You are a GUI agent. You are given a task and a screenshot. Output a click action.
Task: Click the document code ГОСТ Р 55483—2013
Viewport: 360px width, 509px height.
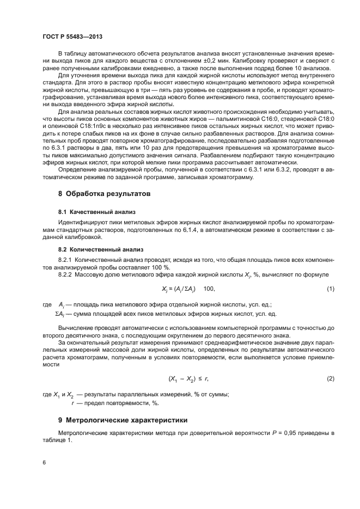pyautogui.click(x=72, y=36)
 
